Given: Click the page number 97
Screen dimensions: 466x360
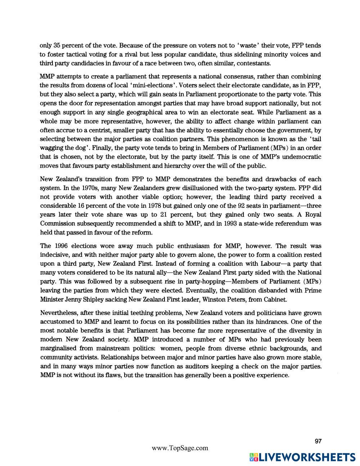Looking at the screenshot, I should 318,441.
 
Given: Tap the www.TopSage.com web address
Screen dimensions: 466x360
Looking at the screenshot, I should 180,448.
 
